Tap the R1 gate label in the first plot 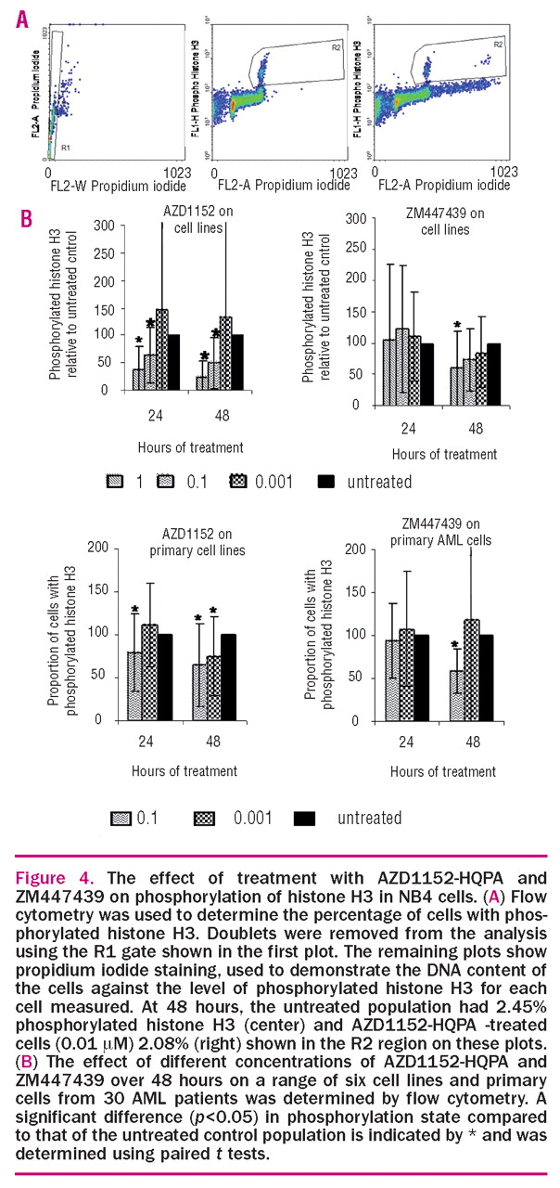65,147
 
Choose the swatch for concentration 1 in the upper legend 117,481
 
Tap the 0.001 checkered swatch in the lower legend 207,817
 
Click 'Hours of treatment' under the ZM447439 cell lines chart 443,454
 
